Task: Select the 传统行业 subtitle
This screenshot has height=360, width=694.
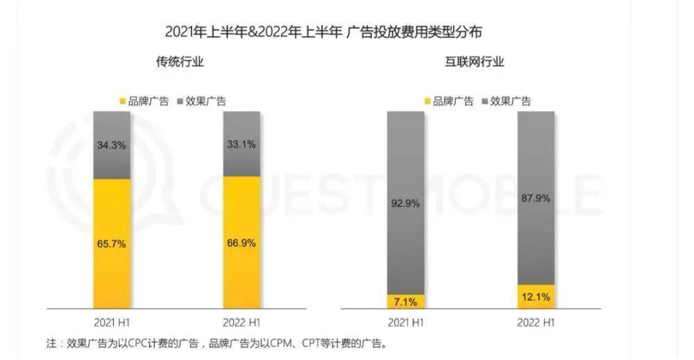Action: click(x=180, y=62)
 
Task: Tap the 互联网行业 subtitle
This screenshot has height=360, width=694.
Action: click(x=474, y=62)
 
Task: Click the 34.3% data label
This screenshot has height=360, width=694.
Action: click(x=112, y=145)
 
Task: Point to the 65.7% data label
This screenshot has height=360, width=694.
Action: click(x=112, y=244)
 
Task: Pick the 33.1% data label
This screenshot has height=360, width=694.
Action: click(x=242, y=145)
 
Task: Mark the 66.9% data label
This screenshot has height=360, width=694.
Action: click(x=242, y=244)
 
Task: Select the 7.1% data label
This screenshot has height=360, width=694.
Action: click(x=406, y=301)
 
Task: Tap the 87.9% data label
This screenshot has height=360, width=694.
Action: click(x=536, y=198)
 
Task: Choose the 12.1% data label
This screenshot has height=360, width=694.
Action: click(x=536, y=297)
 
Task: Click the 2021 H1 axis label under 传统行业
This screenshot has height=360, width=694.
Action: click(x=112, y=323)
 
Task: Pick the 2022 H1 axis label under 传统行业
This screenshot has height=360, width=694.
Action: click(x=242, y=323)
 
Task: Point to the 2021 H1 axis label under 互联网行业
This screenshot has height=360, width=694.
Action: click(x=406, y=323)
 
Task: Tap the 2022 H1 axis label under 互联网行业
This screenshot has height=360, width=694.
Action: click(x=536, y=323)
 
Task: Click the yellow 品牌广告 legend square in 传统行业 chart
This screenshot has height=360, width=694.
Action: click(x=124, y=101)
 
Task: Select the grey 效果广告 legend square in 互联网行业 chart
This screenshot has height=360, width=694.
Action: click(x=484, y=101)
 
